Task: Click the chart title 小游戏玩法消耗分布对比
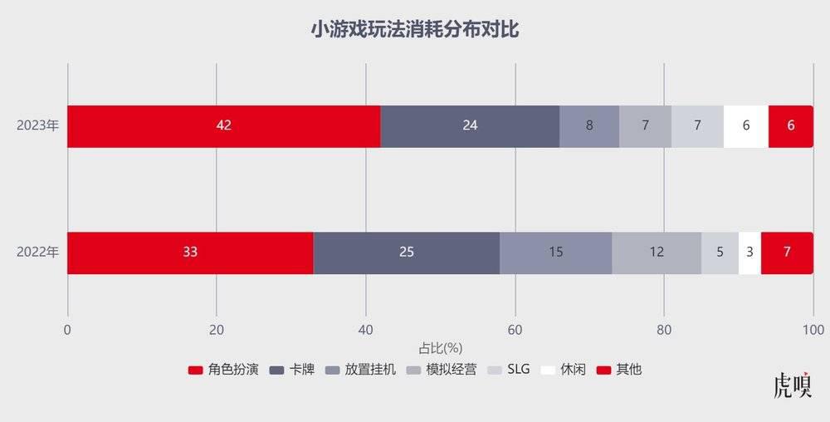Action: pyautogui.click(x=415, y=30)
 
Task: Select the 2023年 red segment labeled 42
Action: pyautogui.click(x=223, y=126)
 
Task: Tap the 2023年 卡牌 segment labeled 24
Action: pyautogui.click(x=470, y=126)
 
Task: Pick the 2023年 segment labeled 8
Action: pyautogui.click(x=589, y=126)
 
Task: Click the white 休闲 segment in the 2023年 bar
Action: pyautogui.click(x=746, y=126)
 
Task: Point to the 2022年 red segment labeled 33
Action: pyautogui.click(x=190, y=253)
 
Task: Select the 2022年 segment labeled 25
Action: pyautogui.click(x=407, y=253)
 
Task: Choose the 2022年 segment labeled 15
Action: pyautogui.click(x=555, y=253)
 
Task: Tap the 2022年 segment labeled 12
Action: pyautogui.click(x=657, y=253)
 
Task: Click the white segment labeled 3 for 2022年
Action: pyautogui.click(x=749, y=253)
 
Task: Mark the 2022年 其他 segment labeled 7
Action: pyautogui.click(x=787, y=253)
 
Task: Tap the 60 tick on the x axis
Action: pyautogui.click(x=515, y=329)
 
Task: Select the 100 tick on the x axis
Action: pyautogui.click(x=813, y=329)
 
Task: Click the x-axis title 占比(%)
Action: pyautogui.click(x=440, y=347)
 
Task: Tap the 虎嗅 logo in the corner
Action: pyautogui.click(x=792, y=386)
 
